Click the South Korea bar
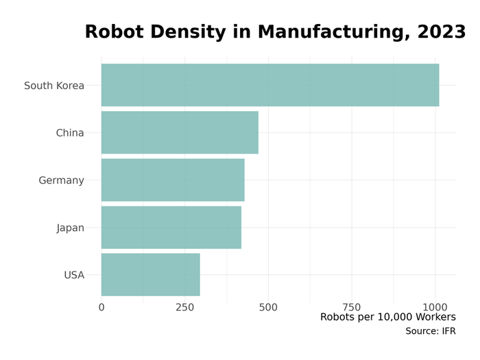point(270,85)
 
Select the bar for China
point(180,132)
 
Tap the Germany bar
point(173,180)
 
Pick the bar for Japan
point(171,227)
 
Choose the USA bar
point(151,274)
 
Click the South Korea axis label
point(54,86)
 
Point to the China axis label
point(70,133)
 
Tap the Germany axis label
point(61,180)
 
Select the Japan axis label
point(70,228)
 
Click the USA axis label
point(74,275)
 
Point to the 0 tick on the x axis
point(101,307)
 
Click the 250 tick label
point(184,307)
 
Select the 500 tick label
point(268,307)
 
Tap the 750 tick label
point(352,307)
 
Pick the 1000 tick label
point(435,307)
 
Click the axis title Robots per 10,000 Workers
point(387,317)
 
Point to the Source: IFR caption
point(430,332)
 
